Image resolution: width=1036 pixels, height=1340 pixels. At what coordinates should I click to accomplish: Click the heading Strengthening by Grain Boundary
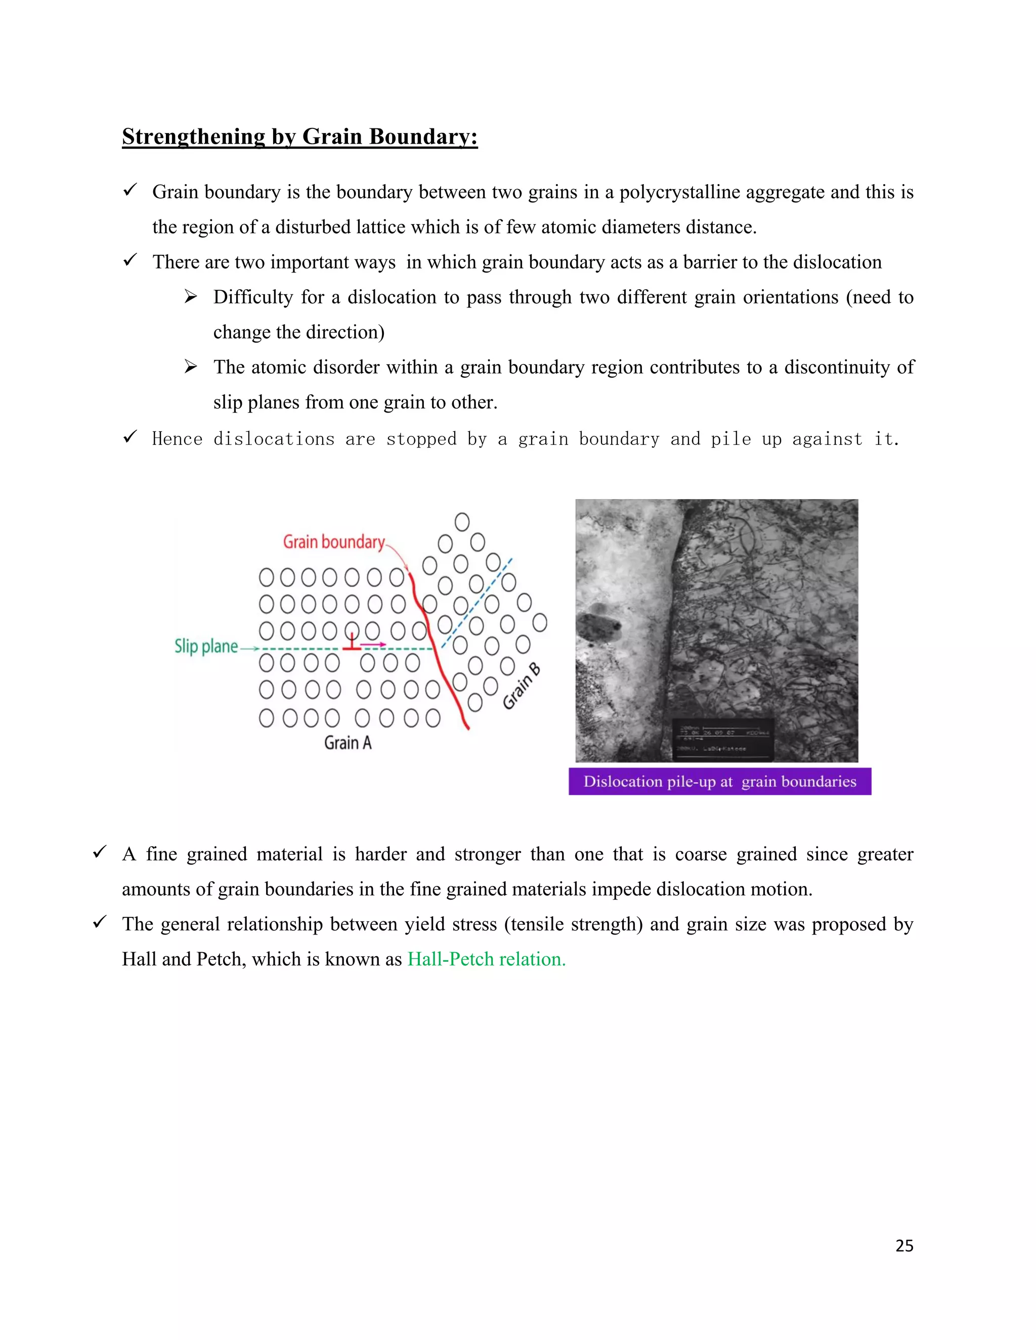point(299,136)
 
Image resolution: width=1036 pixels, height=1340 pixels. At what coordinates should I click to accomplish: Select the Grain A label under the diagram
point(348,743)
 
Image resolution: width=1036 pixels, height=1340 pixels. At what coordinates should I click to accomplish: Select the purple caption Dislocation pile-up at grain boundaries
point(719,782)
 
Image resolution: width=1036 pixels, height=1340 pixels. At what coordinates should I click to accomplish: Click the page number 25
point(904,1245)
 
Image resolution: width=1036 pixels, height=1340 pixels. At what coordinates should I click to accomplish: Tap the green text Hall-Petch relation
point(486,959)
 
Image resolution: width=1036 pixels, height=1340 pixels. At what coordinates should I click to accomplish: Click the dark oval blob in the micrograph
point(598,627)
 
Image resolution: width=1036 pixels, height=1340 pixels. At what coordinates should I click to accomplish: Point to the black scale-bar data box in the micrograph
point(722,739)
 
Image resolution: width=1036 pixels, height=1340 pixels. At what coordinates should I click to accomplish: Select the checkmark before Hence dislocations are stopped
point(129,437)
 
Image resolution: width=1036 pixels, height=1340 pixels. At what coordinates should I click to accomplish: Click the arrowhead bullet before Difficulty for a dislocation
point(191,297)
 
